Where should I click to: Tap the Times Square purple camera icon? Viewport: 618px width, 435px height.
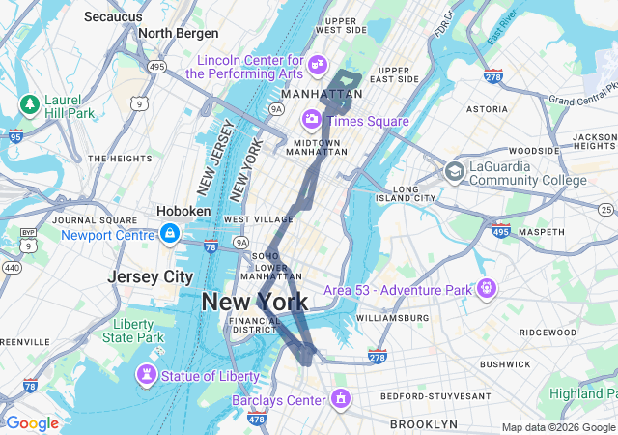tap(312, 119)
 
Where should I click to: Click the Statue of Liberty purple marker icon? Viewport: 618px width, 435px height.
tap(146, 373)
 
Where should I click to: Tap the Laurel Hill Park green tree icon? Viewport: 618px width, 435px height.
tap(29, 103)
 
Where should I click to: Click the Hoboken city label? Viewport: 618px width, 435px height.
tap(183, 211)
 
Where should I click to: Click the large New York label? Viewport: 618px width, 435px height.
tap(255, 302)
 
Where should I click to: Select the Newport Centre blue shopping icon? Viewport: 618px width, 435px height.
tap(169, 234)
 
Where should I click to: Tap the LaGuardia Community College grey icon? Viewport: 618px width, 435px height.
tap(454, 172)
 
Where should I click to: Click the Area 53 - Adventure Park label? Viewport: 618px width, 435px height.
tap(397, 289)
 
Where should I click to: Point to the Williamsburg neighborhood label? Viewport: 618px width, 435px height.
tap(391, 317)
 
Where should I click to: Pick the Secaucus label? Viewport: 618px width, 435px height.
tap(113, 16)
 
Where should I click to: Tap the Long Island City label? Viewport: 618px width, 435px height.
tap(417, 194)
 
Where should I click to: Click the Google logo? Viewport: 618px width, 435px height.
tap(32, 423)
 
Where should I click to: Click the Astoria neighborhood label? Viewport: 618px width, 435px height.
tap(488, 109)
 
